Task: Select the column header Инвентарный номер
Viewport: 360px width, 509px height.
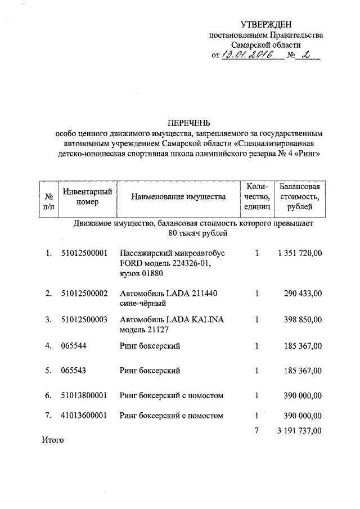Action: (88, 197)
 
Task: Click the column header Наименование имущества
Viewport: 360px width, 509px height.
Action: (178, 197)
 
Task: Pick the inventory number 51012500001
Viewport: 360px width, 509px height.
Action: (84, 254)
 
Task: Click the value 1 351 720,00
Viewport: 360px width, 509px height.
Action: (300, 254)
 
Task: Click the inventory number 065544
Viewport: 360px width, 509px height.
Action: (74, 346)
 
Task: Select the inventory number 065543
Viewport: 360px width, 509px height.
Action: (74, 371)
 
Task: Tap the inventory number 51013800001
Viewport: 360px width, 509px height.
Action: (84, 395)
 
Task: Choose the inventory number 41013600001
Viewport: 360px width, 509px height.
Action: (84, 416)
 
